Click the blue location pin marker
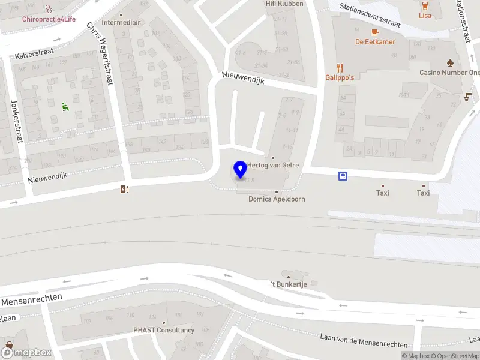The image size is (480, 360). pos(241,170)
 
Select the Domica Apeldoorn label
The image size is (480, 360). pos(277,199)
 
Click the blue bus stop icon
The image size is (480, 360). pos(343,176)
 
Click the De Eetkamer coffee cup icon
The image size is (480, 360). pos(375,32)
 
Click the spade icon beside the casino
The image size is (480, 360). pos(450,62)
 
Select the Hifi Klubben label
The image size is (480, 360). pos(284,4)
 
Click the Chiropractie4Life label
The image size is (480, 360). pos(49,19)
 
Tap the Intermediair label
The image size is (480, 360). pos(121,23)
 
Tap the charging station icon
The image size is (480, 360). pos(124,190)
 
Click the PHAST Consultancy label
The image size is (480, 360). pos(164,330)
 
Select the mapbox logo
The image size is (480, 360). pos(26,352)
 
